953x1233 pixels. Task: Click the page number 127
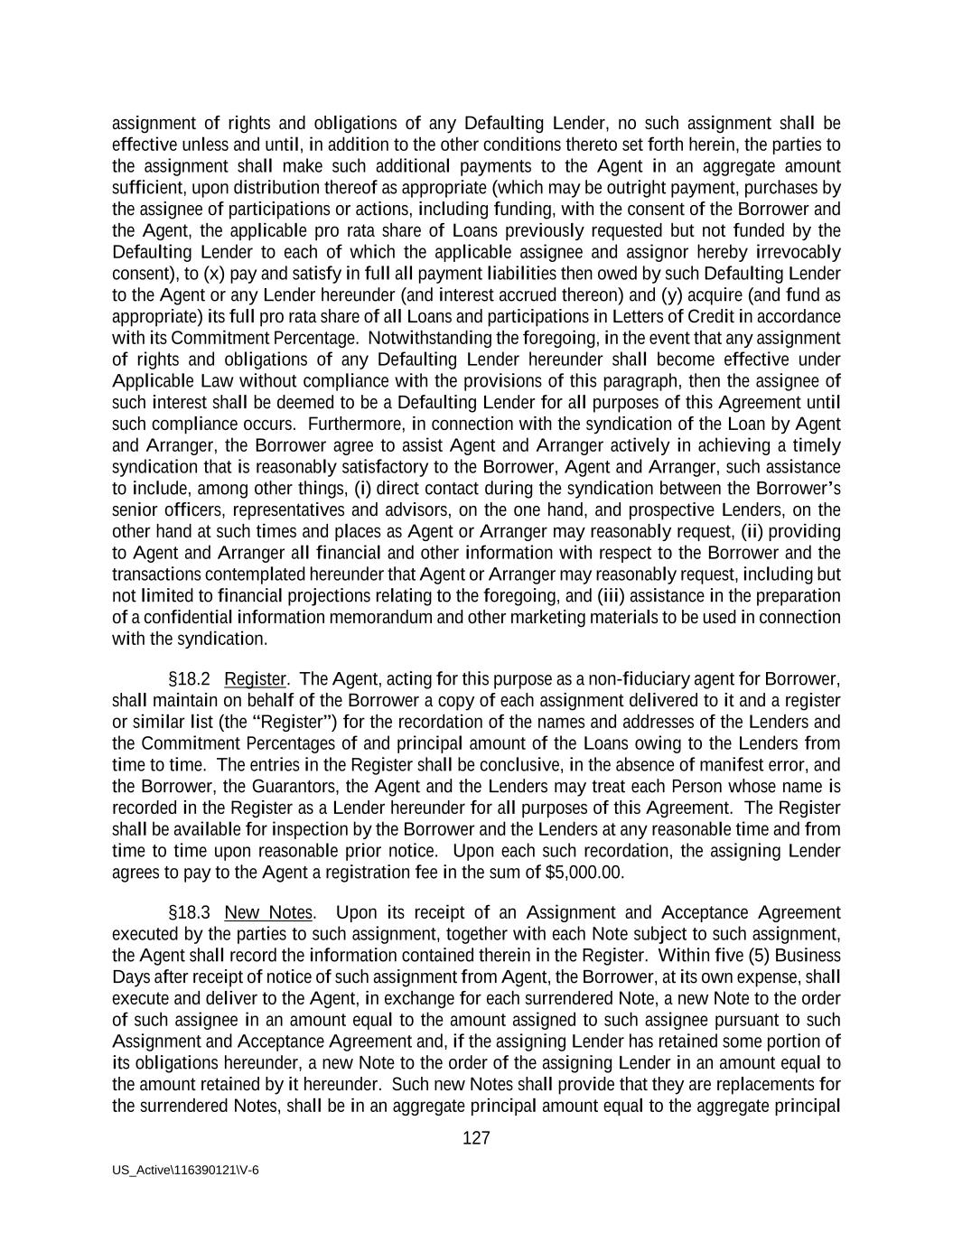476,1138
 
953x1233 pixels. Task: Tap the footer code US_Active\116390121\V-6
185,1170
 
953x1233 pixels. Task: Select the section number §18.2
189,679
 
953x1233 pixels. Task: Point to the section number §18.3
189,912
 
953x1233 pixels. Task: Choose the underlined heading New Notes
268,912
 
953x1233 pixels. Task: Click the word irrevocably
798,252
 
